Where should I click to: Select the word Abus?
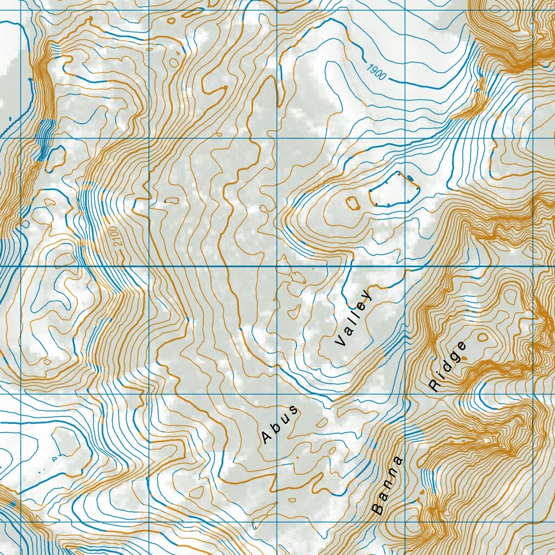280,423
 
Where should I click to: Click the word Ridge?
448,366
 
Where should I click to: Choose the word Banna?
388,486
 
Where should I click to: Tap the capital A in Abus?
266,437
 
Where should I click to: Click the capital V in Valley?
340,341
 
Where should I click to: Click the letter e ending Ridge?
461,346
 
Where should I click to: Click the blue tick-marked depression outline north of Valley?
394,191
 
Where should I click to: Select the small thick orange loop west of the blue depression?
353,203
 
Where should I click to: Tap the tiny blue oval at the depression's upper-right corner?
410,177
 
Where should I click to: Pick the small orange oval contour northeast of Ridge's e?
482,337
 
